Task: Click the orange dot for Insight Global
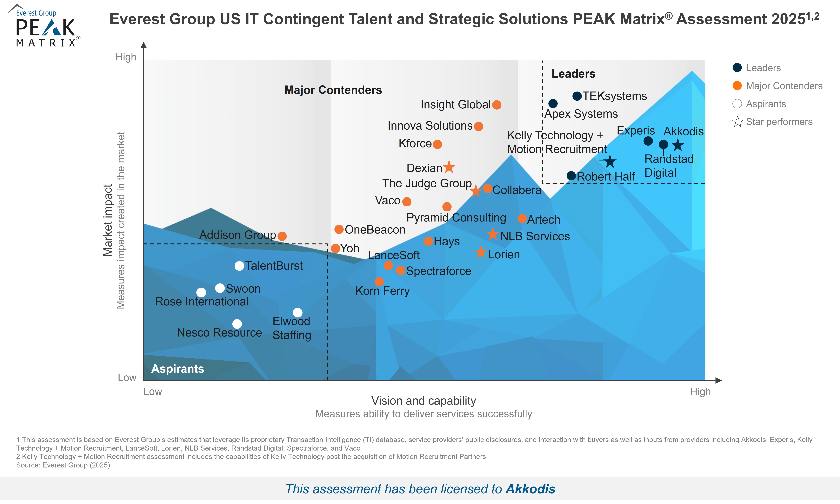click(x=497, y=105)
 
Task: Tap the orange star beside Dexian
click(x=449, y=167)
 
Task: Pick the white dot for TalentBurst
click(x=239, y=266)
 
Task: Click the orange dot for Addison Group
click(x=282, y=236)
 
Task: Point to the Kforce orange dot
click(x=437, y=144)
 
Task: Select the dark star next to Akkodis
click(x=678, y=145)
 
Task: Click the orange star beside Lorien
click(x=481, y=252)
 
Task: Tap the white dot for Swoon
click(x=220, y=288)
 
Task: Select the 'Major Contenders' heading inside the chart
click(x=333, y=90)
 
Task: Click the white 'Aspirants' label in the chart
click(x=177, y=369)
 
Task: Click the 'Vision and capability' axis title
click(x=423, y=401)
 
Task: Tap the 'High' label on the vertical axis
click(x=126, y=57)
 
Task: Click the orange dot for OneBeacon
click(x=339, y=229)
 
